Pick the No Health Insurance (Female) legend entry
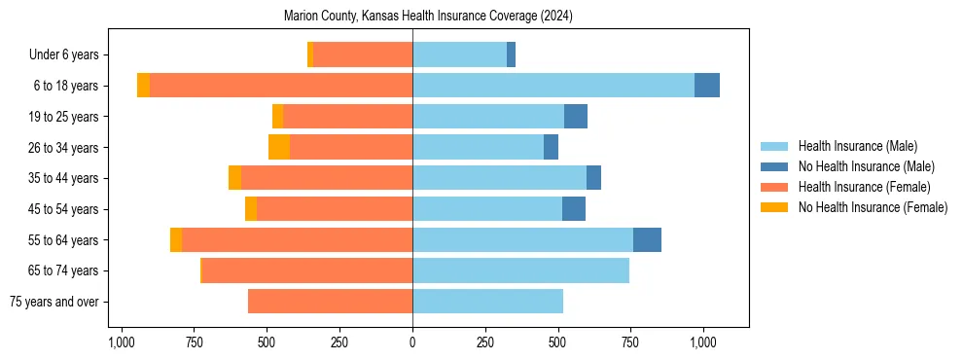(x=872, y=207)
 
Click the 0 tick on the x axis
(x=412, y=342)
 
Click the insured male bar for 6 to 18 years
(x=553, y=86)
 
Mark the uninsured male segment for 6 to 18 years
(x=707, y=86)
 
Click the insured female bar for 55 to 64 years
(x=588, y=240)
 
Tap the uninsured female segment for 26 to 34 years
(x=279, y=147)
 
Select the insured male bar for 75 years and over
(x=487, y=302)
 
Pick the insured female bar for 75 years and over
(x=330, y=302)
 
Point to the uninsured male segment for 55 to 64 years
(x=647, y=240)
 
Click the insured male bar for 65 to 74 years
(x=520, y=270)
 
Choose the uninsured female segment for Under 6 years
(x=310, y=54)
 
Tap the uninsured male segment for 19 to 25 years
(x=576, y=117)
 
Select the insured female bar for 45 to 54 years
(x=335, y=209)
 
